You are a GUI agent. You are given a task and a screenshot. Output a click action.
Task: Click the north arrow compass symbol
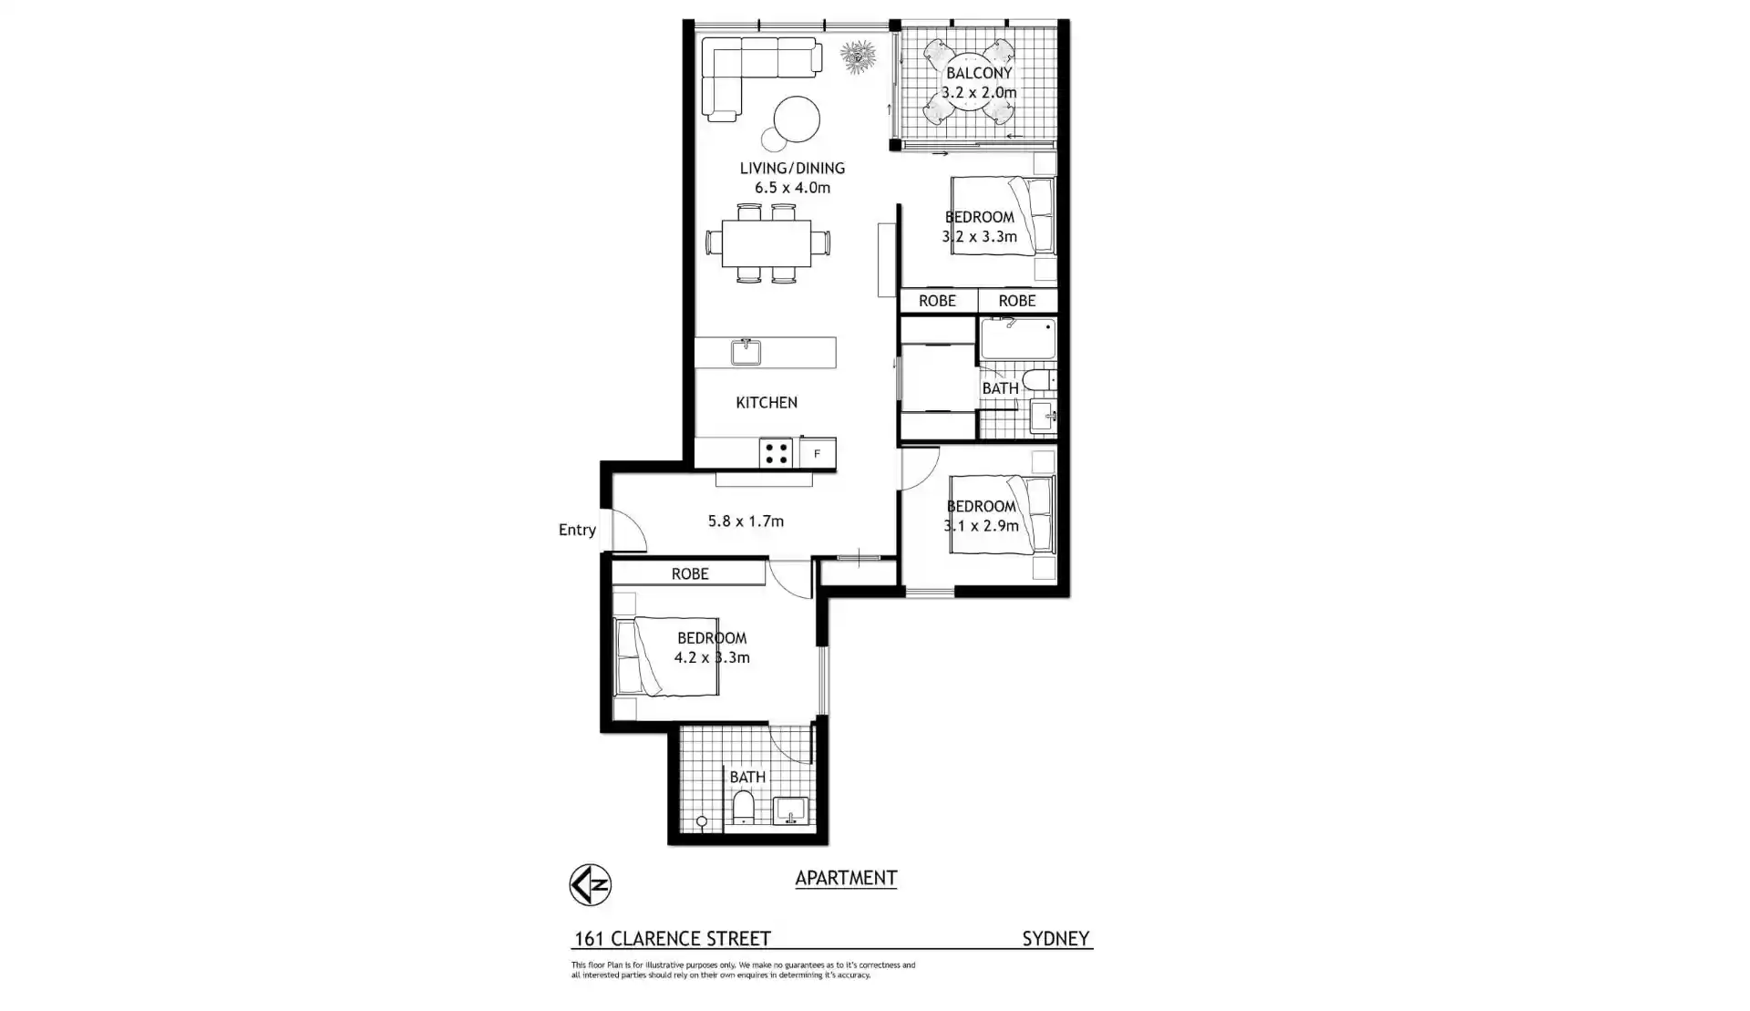[590, 884]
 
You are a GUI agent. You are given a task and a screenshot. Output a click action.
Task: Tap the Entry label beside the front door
[577, 530]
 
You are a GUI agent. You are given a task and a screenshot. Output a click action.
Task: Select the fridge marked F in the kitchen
[818, 453]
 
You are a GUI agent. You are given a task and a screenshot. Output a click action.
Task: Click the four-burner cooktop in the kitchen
[777, 453]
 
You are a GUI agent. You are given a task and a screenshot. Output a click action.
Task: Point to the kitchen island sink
[746, 352]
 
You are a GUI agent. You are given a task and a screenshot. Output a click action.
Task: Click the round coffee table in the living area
[797, 119]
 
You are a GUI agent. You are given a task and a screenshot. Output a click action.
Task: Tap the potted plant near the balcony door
[858, 57]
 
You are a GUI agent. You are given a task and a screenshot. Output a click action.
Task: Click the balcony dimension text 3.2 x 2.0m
[979, 92]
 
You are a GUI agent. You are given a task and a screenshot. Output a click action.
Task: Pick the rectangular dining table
[767, 243]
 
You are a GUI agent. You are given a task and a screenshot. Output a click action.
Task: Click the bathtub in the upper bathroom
[1017, 338]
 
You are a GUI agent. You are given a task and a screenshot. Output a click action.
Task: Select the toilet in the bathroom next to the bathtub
[1037, 379]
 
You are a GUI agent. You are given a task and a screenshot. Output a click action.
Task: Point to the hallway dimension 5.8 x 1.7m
[746, 521]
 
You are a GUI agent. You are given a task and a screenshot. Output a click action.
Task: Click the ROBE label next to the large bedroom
[690, 573]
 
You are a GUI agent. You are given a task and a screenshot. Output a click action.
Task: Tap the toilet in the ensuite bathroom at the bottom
[743, 807]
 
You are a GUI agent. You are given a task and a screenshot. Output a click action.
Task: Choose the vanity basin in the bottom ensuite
[789, 810]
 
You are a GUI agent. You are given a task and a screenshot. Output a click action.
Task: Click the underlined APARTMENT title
[846, 878]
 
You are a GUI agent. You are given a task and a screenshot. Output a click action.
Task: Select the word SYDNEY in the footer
[1055, 938]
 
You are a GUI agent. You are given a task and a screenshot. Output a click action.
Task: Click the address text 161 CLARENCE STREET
[673, 938]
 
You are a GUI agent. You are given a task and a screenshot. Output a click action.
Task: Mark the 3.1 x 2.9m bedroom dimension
[981, 526]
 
